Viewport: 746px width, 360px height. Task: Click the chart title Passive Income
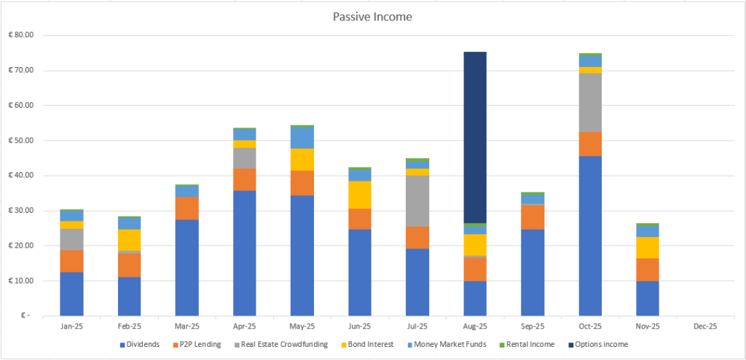[372, 16]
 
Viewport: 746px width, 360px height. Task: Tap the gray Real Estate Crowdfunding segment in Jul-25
[417, 201]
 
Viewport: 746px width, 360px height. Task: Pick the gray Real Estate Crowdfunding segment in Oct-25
[590, 103]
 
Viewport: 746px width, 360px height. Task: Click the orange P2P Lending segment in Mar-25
[187, 208]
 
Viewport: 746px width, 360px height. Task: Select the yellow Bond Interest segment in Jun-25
[360, 195]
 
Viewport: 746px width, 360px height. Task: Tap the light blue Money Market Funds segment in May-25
[302, 138]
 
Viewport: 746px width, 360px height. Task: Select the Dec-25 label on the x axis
[705, 327]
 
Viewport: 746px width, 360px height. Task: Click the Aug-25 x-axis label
[475, 327]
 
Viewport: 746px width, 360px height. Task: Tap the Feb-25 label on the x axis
[129, 327]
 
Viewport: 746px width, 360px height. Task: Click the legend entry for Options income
[602, 344]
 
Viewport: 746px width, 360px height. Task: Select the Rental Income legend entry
[530, 344]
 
